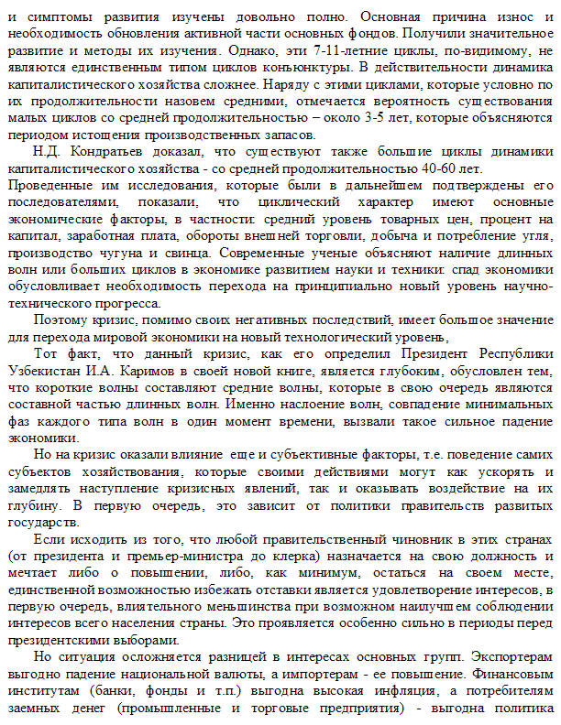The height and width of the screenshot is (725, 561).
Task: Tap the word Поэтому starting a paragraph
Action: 57,320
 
